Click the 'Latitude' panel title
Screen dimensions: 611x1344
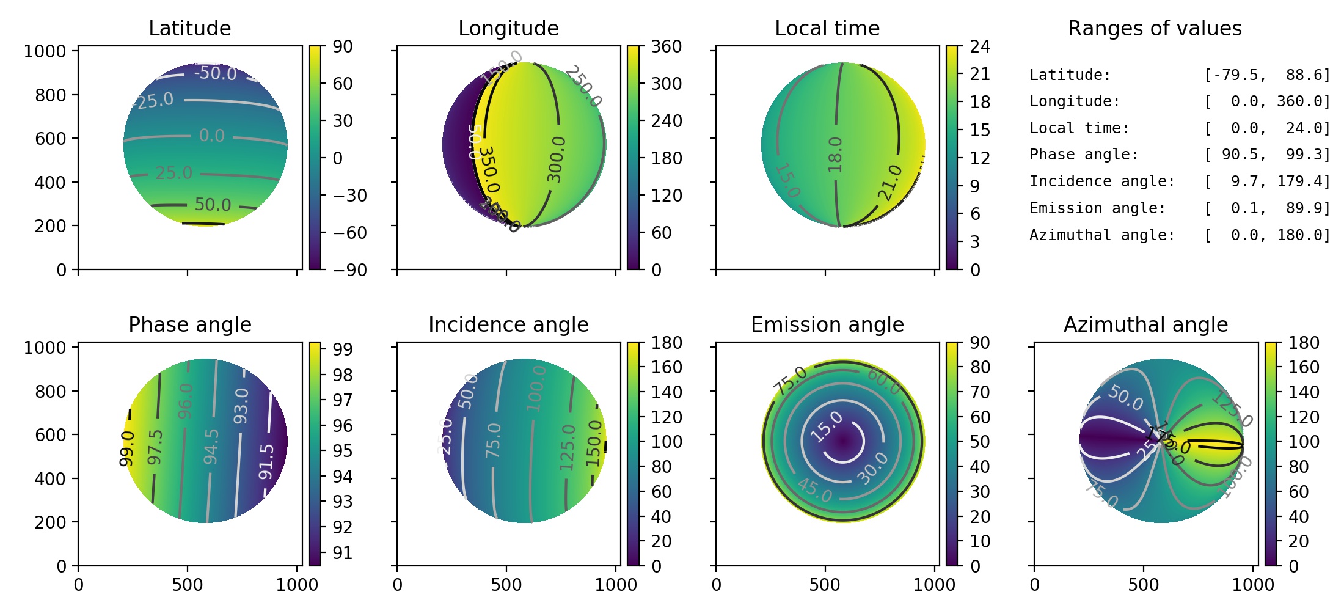[x=189, y=28]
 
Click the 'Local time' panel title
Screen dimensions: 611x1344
[x=827, y=28]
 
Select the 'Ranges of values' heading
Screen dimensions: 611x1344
[x=1154, y=28]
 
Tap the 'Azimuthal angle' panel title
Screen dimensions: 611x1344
[x=1145, y=324]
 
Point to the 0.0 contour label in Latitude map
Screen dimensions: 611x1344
[x=211, y=135]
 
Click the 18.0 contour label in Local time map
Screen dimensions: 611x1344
[x=835, y=155]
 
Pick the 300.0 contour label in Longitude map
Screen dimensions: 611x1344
[x=556, y=159]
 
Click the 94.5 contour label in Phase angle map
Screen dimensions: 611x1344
[x=211, y=446]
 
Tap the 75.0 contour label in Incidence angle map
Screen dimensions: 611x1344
[x=493, y=440]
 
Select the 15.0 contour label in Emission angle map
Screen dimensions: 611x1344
[x=827, y=427]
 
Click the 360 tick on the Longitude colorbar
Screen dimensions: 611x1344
[x=666, y=46]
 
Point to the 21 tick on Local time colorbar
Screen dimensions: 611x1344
[x=980, y=74]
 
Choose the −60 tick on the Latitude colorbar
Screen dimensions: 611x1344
[x=349, y=233]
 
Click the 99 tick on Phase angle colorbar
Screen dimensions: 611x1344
[x=342, y=349]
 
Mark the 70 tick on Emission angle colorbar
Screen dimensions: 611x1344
[x=980, y=392]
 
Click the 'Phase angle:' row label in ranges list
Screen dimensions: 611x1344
[x=1083, y=155]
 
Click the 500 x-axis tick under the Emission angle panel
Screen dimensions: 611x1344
[x=825, y=585]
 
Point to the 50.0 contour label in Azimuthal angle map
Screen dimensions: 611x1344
[x=1125, y=398]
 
